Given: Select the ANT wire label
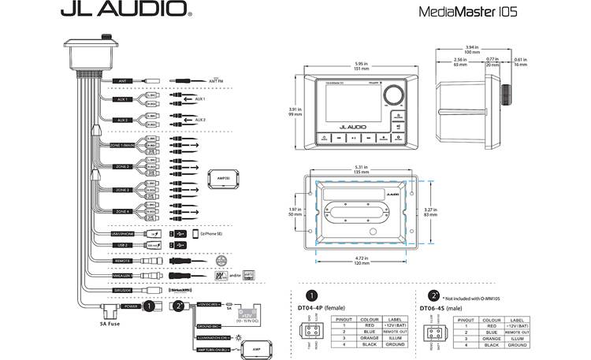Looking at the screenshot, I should [122, 80].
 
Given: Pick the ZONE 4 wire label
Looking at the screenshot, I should [122, 212].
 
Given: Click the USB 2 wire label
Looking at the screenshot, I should [122, 246].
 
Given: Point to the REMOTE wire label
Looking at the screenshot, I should [122, 259].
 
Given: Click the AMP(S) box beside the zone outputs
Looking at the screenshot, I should [221, 179].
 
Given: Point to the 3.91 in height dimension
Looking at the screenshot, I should [295, 111].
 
